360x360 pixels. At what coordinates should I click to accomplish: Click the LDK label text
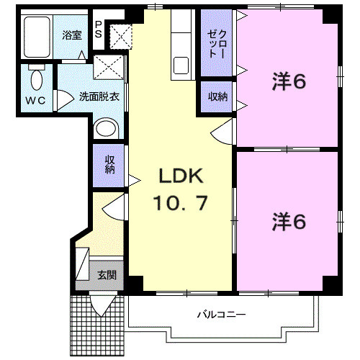[x=181, y=177]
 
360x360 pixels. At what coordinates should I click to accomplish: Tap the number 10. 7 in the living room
[x=180, y=203]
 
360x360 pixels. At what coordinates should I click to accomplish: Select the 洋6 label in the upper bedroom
[x=289, y=82]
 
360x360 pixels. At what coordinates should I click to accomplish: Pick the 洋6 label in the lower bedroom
[x=289, y=222]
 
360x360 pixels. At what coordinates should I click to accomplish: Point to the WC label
[x=37, y=101]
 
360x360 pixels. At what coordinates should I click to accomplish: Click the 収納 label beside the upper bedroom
[x=217, y=96]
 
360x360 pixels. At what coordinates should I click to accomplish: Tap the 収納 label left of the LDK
[x=109, y=165]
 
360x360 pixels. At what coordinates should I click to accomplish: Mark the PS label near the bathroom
[x=99, y=29]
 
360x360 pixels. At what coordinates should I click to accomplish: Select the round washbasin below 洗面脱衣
[x=106, y=128]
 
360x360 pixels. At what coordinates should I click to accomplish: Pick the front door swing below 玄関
[x=102, y=303]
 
